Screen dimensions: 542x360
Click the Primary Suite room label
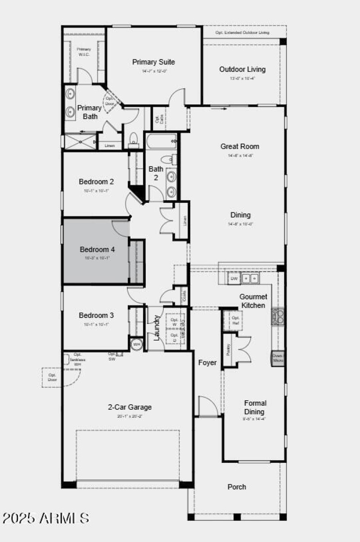pos(153,62)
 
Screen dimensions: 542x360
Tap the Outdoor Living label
pos(242,69)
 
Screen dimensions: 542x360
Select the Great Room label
pos(239,146)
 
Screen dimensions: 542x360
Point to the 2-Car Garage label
pos(130,407)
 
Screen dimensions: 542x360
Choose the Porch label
pos(237,487)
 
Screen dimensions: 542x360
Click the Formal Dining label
pos(255,407)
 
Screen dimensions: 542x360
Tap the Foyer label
pos(207,363)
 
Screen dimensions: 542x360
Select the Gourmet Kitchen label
pos(253,301)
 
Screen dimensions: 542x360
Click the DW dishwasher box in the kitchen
pos(234,279)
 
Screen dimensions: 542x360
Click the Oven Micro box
pos(277,358)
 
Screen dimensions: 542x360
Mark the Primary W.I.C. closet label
pos(84,52)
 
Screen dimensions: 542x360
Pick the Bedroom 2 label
pos(96,182)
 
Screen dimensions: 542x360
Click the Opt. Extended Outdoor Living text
pos(243,33)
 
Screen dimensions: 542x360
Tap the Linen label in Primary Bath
pos(110,146)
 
